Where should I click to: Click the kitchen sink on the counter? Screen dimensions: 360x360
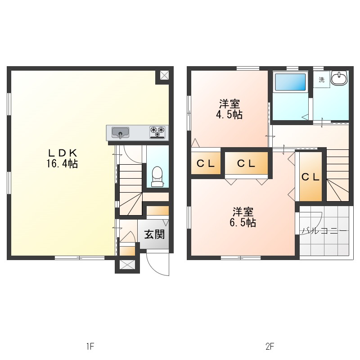(x=120, y=133)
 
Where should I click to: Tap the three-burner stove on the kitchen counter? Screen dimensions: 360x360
(x=157, y=132)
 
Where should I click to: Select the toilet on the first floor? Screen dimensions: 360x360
(x=157, y=176)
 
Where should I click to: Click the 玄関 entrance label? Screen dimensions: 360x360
(x=154, y=234)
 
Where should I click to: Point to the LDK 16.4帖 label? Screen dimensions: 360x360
(x=63, y=158)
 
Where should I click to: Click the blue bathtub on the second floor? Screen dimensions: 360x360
(x=290, y=82)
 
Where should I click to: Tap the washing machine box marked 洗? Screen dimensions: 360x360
(x=322, y=80)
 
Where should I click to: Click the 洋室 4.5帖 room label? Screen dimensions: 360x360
(x=229, y=109)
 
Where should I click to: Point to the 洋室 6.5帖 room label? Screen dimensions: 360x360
(x=243, y=217)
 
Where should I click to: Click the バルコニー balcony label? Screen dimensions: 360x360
(x=324, y=230)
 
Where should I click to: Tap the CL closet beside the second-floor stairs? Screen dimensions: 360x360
(x=310, y=177)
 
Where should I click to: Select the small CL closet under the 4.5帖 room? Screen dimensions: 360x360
(x=206, y=163)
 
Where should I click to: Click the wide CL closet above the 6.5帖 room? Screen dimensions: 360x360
(x=246, y=163)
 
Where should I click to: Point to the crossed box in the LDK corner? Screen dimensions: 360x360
(x=164, y=75)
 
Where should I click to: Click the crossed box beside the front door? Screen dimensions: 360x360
(x=127, y=265)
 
